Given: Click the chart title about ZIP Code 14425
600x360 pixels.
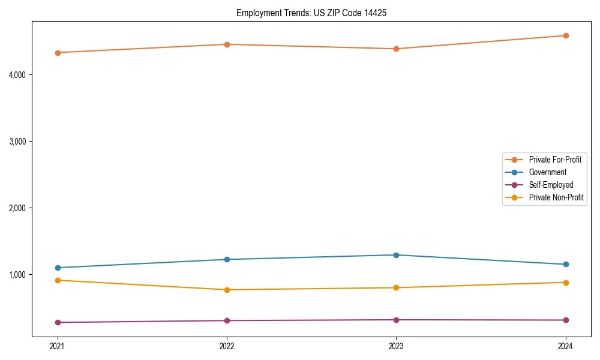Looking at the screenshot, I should pyautogui.click(x=307, y=13).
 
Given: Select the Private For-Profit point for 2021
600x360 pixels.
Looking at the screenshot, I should pyautogui.click(x=58, y=53).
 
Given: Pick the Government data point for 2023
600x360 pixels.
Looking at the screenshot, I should pyautogui.click(x=396, y=255).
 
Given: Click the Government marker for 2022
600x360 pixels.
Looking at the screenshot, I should pyautogui.click(x=227, y=259).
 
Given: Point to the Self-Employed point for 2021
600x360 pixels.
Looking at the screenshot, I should pyautogui.click(x=58, y=322).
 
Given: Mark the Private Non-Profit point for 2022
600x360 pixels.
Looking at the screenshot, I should pyautogui.click(x=227, y=290).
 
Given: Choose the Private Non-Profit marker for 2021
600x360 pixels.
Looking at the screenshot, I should pyautogui.click(x=58, y=280).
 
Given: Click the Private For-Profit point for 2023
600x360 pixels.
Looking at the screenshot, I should pyautogui.click(x=396, y=49).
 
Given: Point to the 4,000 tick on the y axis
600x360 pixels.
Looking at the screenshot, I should pyautogui.click(x=21, y=75).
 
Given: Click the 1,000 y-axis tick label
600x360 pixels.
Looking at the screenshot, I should pyautogui.click(x=21, y=275).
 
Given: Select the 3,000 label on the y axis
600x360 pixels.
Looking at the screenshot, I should pyautogui.click(x=21, y=142).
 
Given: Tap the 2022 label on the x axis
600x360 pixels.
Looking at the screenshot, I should pyautogui.click(x=227, y=346).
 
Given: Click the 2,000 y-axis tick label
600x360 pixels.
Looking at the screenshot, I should pyautogui.click(x=21, y=208).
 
